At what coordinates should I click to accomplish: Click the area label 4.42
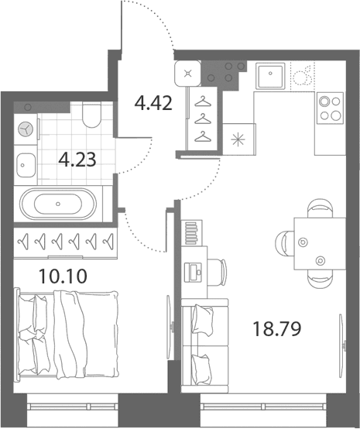click(153, 104)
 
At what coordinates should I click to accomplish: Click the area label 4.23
click(77, 160)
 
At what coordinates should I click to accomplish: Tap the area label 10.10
click(63, 276)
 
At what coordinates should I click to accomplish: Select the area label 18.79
click(277, 329)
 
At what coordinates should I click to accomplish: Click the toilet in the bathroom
click(91, 115)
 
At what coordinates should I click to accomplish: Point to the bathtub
click(58, 204)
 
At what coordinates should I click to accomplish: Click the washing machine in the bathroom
click(26, 129)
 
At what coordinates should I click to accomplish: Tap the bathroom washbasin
click(26, 165)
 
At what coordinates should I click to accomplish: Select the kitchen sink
click(270, 76)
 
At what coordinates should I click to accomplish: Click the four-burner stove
click(330, 108)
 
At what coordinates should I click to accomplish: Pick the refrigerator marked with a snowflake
click(239, 139)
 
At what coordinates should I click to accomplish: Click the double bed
click(67, 335)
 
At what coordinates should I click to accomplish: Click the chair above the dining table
click(320, 209)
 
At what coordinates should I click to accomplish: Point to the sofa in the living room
click(204, 345)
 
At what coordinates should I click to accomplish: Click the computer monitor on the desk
click(193, 273)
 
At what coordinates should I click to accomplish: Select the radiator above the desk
click(191, 233)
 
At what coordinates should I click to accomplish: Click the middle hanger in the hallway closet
click(203, 118)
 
